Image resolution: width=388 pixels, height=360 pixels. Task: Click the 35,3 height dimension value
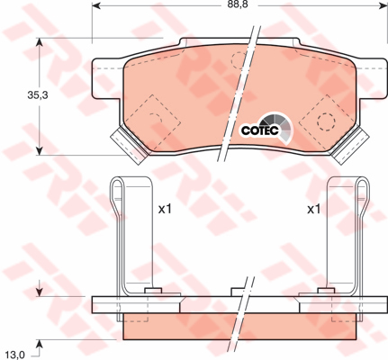pyautogui.click(x=38, y=95)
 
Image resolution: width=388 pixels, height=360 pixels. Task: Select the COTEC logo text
pyautogui.click(x=260, y=130)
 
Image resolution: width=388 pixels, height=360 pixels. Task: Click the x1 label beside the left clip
pyautogui.click(x=165, y=209)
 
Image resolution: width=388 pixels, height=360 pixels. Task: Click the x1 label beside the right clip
pyautogui.click(x=314, y=209)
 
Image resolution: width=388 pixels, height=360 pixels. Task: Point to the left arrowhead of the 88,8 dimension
pyautogui.click(x=96, y=5)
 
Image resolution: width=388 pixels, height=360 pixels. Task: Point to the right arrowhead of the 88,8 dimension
pyautogui.click(x=383, y=5)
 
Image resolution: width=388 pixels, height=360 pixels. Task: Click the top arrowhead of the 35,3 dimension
pyautogui.click(x=40, y=43)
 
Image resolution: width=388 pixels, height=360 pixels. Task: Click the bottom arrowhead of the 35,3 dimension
pyautogui.click(x=40, y=150)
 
